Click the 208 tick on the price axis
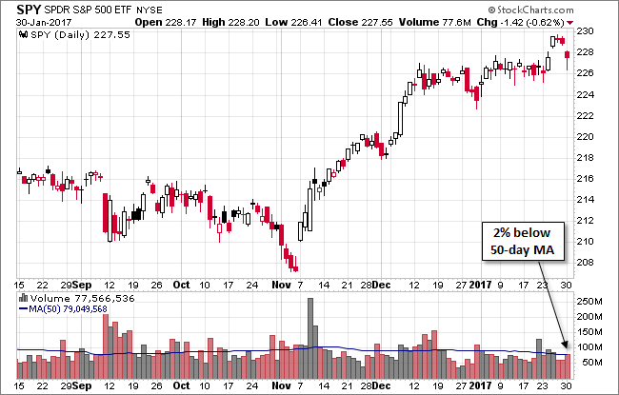[588, 263]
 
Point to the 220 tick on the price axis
[588, 137]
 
